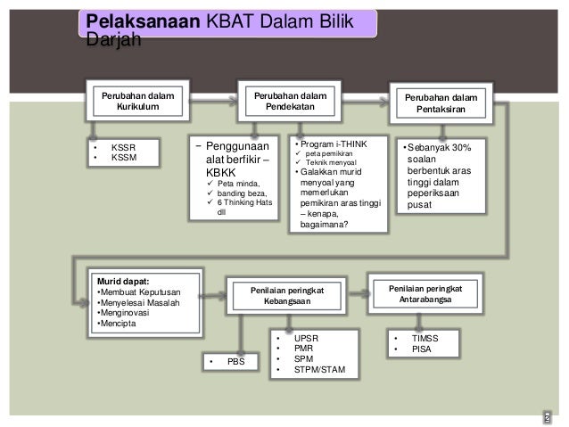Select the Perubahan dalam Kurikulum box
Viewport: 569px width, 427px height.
tap(136, 100)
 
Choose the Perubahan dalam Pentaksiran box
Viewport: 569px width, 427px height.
tap(441, 103)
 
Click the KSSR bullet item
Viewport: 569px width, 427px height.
tap(122, 147)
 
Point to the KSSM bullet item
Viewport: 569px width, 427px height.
tap(122, 158)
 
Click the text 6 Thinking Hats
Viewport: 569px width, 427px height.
tap(245, 202)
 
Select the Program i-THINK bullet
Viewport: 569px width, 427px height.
tap(333, 143)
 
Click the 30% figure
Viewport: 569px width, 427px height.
tap(469, 147)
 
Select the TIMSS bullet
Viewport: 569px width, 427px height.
tap(425, 339)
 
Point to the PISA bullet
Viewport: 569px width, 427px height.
tap(422, 349)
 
